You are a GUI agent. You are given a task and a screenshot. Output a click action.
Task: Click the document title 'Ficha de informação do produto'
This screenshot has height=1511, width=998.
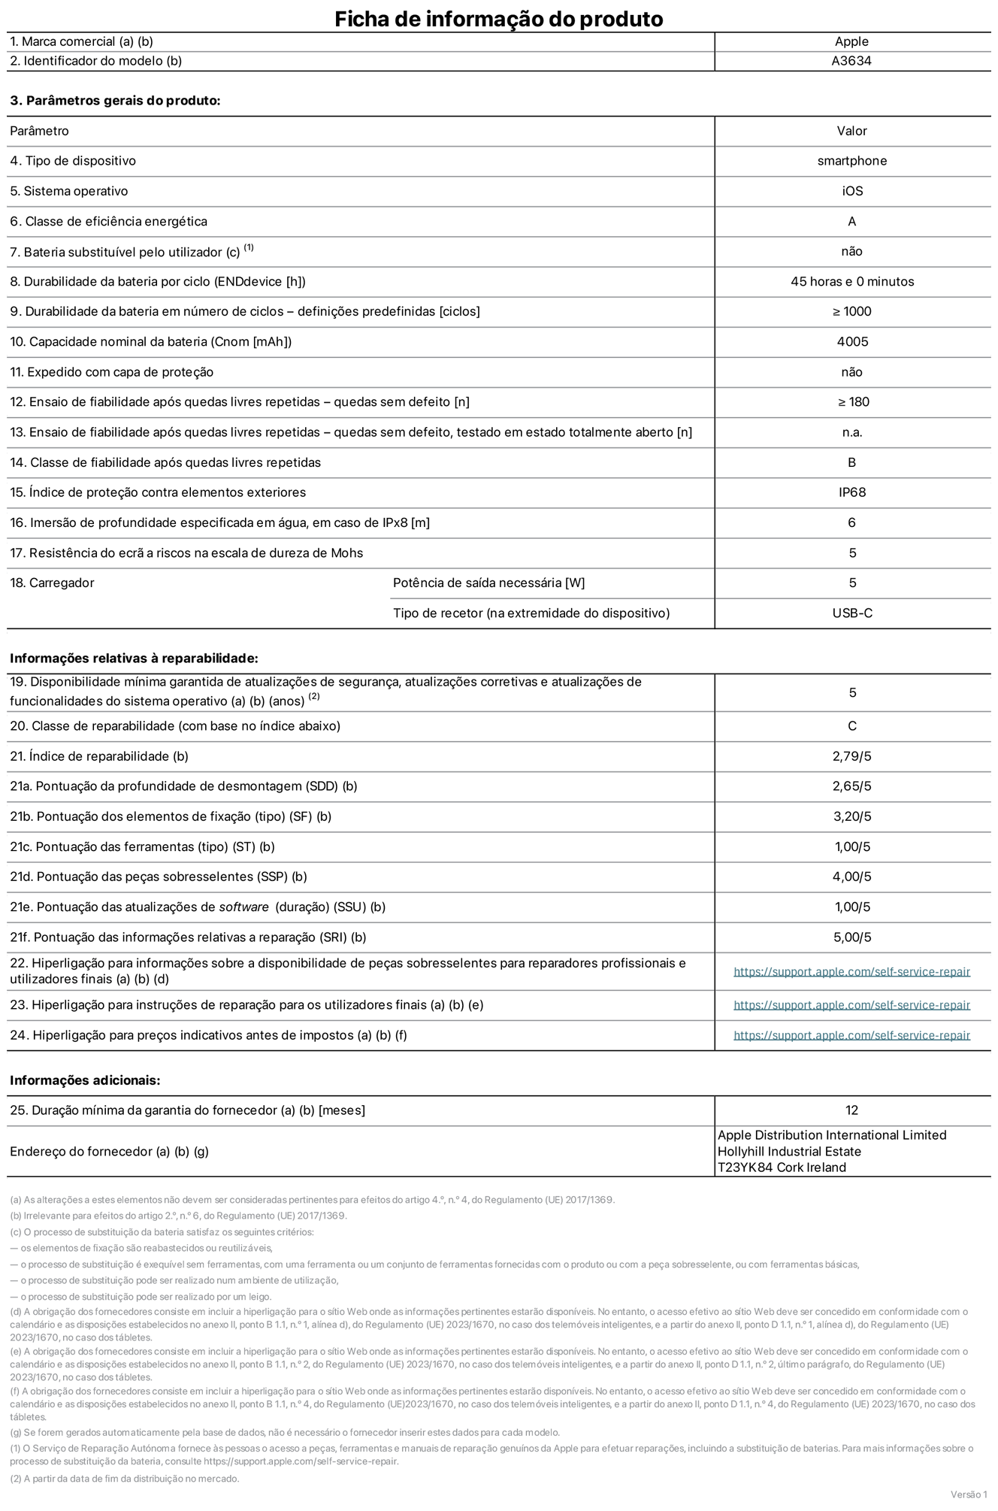click(498, 19)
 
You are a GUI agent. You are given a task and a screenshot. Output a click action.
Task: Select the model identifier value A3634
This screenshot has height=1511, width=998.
click(851, 61)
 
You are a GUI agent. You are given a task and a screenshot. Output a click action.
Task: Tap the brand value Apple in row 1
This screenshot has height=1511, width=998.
click(851, 42)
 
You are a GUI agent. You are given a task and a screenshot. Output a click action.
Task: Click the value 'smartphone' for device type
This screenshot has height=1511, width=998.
click(851, 161)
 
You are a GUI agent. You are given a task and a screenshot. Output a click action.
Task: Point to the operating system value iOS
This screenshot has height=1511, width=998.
click(852, 191)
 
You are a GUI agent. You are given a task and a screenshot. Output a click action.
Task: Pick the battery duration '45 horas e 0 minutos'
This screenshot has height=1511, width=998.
click(852, 282)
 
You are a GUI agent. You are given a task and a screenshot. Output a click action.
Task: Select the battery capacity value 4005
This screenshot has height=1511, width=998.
click(852, 342)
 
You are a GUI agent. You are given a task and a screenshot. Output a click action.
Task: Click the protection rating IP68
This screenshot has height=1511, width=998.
click(852, 492)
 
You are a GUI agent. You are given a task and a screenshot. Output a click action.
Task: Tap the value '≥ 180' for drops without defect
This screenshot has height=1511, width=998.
click(853, 402)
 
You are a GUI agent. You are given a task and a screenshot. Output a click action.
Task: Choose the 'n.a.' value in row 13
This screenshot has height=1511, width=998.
click(852, 432)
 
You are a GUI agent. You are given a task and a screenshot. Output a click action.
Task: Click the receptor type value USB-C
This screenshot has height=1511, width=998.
click(852, 613)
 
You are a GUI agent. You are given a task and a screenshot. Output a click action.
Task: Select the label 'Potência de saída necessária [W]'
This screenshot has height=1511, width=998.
click(488, 583)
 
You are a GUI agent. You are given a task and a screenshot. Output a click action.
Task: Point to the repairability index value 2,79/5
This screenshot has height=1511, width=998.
click(852, 756)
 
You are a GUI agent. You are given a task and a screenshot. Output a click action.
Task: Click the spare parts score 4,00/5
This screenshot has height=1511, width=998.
click(852, 877)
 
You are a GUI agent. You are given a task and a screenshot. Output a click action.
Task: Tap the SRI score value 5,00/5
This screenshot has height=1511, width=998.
click(852, 937)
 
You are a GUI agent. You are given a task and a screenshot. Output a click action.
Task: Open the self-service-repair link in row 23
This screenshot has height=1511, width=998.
click(851, 1005)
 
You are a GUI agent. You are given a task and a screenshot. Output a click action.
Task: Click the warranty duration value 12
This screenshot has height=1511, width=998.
click(851, 1110)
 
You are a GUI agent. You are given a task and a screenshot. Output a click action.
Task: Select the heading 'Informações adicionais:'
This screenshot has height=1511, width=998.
click(85, 1080)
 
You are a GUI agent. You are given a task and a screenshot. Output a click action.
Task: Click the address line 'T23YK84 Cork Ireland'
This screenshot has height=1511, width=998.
click(782, 1167)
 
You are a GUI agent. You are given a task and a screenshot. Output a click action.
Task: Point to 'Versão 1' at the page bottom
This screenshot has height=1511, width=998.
click(969, 1494)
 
